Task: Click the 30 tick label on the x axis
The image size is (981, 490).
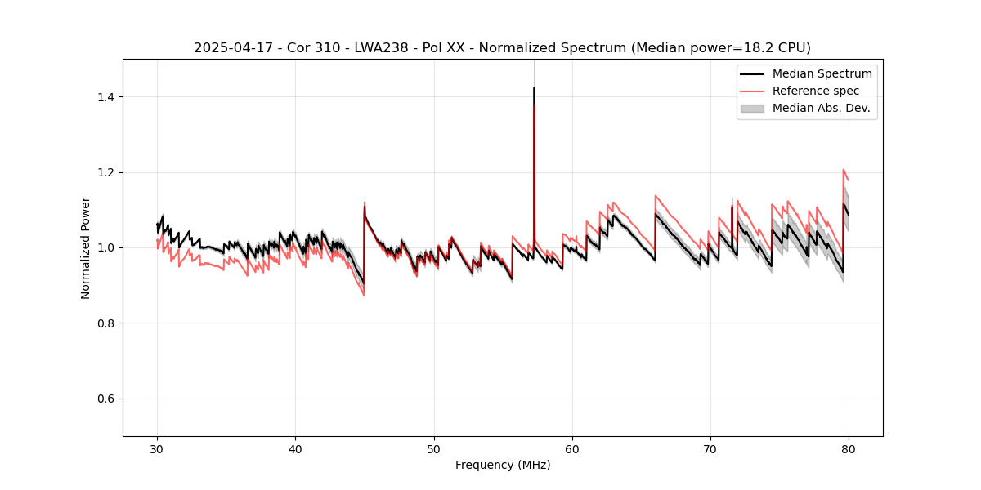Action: click(157, 449)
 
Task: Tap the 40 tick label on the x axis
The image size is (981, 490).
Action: click(295, 449)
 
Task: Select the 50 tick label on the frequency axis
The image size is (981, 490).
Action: click(434, 449)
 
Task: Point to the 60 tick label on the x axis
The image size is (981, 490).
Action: click(572, 449)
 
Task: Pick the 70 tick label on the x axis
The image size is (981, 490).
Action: click(710, 449)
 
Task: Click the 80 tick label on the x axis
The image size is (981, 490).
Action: click(849, 449)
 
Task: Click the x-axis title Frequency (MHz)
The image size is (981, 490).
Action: click(503, 465)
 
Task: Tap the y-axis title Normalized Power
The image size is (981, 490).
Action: click(86, 247)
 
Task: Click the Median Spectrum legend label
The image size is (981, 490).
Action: click(822, 73)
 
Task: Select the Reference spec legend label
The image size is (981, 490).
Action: click(816, 91)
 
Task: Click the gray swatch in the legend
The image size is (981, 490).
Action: click(752, 108)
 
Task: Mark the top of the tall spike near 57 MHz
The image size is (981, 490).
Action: click(534, 87)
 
